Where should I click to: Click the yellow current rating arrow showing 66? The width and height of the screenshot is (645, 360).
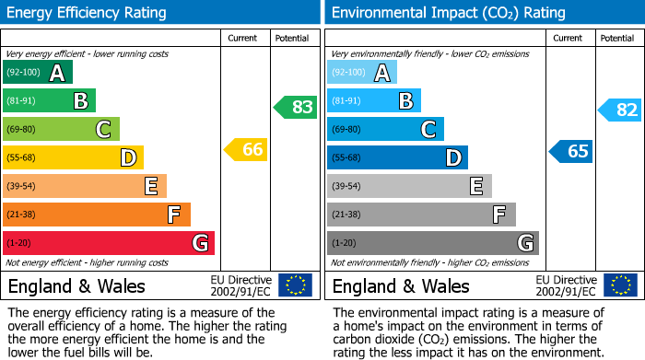pyautogui.click(x=247, y=149)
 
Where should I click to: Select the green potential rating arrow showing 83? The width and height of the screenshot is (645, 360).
pyautogui.click(x=296, y=107)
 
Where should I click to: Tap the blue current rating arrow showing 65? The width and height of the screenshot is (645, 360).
pyautogui.click(x=571, y=151)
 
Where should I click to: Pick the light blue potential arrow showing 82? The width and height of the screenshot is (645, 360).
pyautogui.click(x=620, y=110)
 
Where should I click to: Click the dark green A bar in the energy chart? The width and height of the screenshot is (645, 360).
pyautogui.click(x=38, y=73)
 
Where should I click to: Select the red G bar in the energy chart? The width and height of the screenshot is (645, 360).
pyautogui.click(x=108, y=243)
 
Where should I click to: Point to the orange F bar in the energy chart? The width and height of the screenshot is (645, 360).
pyautogui.click(x=96, y=215)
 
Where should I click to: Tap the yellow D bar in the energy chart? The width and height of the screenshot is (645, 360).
pyautogui.click(x=73, y=157)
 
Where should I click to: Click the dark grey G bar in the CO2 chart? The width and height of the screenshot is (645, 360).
pyautogui.click(x=432, y=243)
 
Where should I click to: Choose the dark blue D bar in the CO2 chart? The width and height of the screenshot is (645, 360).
pyautogui.click(x=397, y=157)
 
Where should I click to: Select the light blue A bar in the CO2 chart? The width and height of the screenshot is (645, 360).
pyautogui.click(x=362, y=73)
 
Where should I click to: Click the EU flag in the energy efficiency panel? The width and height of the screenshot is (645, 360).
pyautogui.click(x=295, y=285)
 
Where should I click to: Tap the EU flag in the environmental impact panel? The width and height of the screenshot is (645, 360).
pyautogui.click(x=620, y=285)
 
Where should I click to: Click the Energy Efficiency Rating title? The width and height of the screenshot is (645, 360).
pyautogui.click(x=87, y=13)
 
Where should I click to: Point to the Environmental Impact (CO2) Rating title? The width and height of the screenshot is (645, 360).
pyautogui.click(x=448, y=13)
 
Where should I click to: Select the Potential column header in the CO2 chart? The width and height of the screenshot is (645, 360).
pyautogui.click(x=617, y=38)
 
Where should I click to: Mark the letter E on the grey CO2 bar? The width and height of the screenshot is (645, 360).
pyautogui.click(x=475, y=186)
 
